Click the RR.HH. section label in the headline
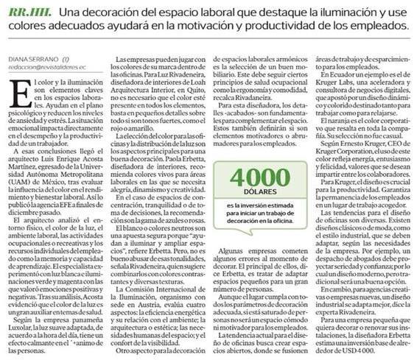(x=33, y=12)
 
